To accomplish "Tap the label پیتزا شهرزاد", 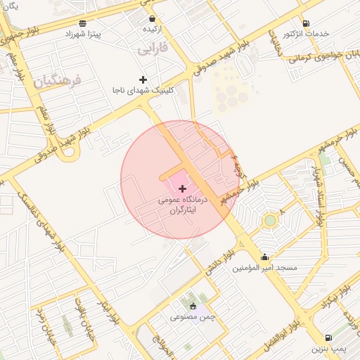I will [x=85, y=34].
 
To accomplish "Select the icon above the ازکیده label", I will [x=153, y=18].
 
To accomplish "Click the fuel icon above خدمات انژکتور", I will [x=306, y=22].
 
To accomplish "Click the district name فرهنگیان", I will [x=57, y=81].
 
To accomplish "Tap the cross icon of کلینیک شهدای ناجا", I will [x=143, y=79].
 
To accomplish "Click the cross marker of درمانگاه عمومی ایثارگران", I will [x=183, y=188].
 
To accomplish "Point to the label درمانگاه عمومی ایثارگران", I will [x=182, y=205].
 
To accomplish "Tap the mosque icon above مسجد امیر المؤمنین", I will [x=264, y=257].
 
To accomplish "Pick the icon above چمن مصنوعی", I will [x=193, y=306].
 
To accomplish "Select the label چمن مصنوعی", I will [x=189, y=317].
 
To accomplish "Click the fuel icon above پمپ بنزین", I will [x=329, y=337].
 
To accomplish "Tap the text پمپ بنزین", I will [x=330, y=349].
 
